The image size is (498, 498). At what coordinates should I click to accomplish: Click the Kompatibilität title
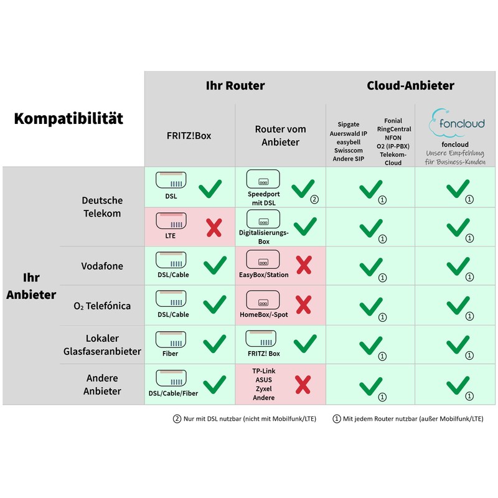[x=68, y=118]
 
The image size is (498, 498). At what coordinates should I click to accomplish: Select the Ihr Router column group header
[x=235, y=85]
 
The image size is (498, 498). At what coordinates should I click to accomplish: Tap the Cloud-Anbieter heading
[x=410, y=85]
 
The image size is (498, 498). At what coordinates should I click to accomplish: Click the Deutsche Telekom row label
[x=102, y=207]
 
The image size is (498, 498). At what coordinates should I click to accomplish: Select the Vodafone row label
[x=102, y=266]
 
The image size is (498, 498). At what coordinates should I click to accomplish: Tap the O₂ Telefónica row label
[x=102, y=306]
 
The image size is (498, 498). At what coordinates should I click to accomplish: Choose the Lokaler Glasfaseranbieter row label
[x=102, y=345]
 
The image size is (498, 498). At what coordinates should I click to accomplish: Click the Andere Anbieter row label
[x=102, y=385]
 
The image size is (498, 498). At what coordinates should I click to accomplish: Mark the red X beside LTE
[x=214, y=227]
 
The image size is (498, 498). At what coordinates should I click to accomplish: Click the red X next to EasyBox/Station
[x=303, y=266]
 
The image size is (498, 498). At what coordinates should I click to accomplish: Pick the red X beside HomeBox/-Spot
[x=303, y=305]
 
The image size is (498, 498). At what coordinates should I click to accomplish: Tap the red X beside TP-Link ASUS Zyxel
[x=303, y=384]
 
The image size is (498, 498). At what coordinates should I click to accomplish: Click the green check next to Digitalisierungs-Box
[x=304, y=227]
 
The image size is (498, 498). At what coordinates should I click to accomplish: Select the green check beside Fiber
[x=214, y=343]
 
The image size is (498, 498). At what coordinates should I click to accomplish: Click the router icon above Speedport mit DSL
[x=263, y=179]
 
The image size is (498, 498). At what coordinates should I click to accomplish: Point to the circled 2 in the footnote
[x=177, y=419]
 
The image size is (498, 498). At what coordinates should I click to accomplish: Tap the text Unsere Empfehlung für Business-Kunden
[x=458, y=157]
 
